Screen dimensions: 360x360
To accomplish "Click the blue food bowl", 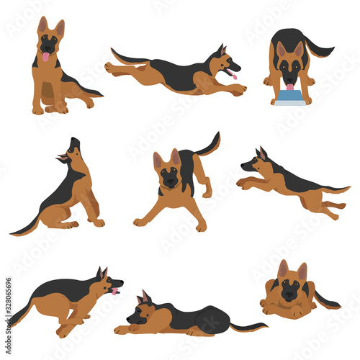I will pyautogui.click(x=290, y=98).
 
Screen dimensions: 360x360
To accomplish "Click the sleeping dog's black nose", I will pyautogui.click(x=128, y=320).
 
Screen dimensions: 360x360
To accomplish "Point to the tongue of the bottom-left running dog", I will pyautogui.click(x=114, y=291).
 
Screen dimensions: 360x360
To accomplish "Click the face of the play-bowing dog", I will pyautogui.click(x=170, y=174).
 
